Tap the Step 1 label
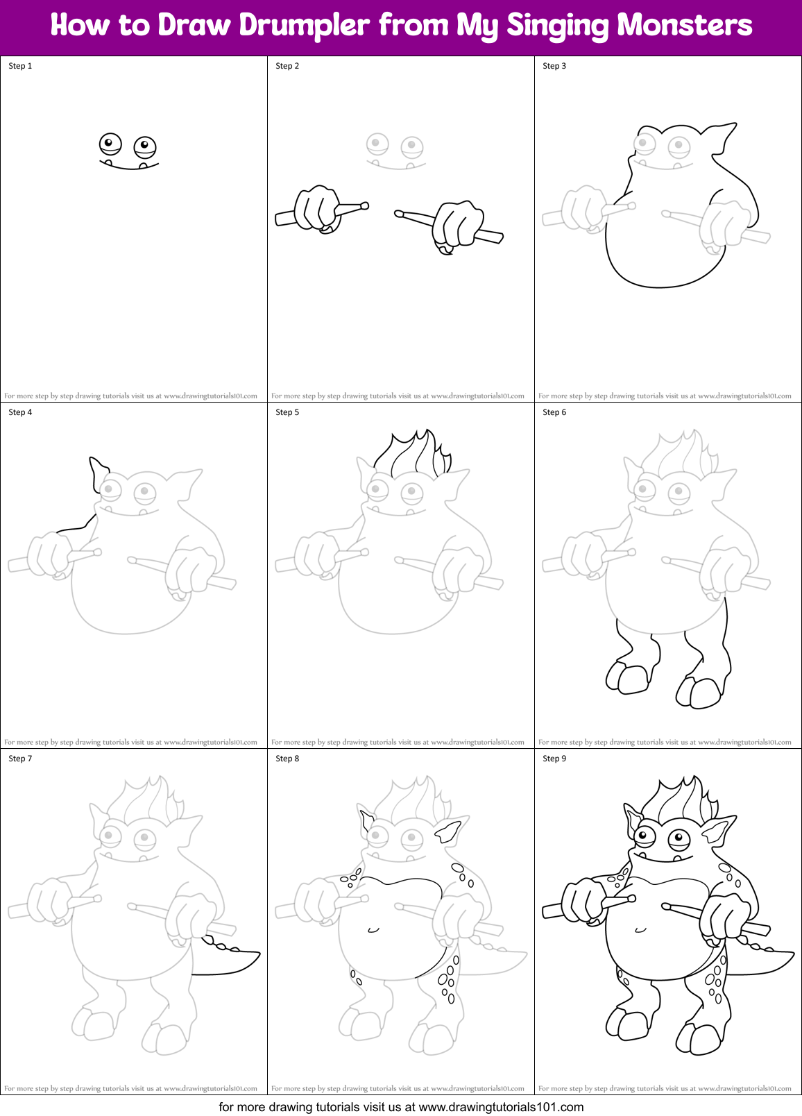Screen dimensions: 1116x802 coord(20,66)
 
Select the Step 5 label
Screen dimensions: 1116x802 coord(287,412)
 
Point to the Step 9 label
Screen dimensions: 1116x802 coord(554,759)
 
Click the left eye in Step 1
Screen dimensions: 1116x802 coord(110,144)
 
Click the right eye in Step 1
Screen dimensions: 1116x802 coord(144,146)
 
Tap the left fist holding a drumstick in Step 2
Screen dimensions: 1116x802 coord(317,208)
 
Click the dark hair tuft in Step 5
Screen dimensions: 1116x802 coord(413,455)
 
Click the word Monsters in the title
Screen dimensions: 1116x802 coord(684,26)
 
